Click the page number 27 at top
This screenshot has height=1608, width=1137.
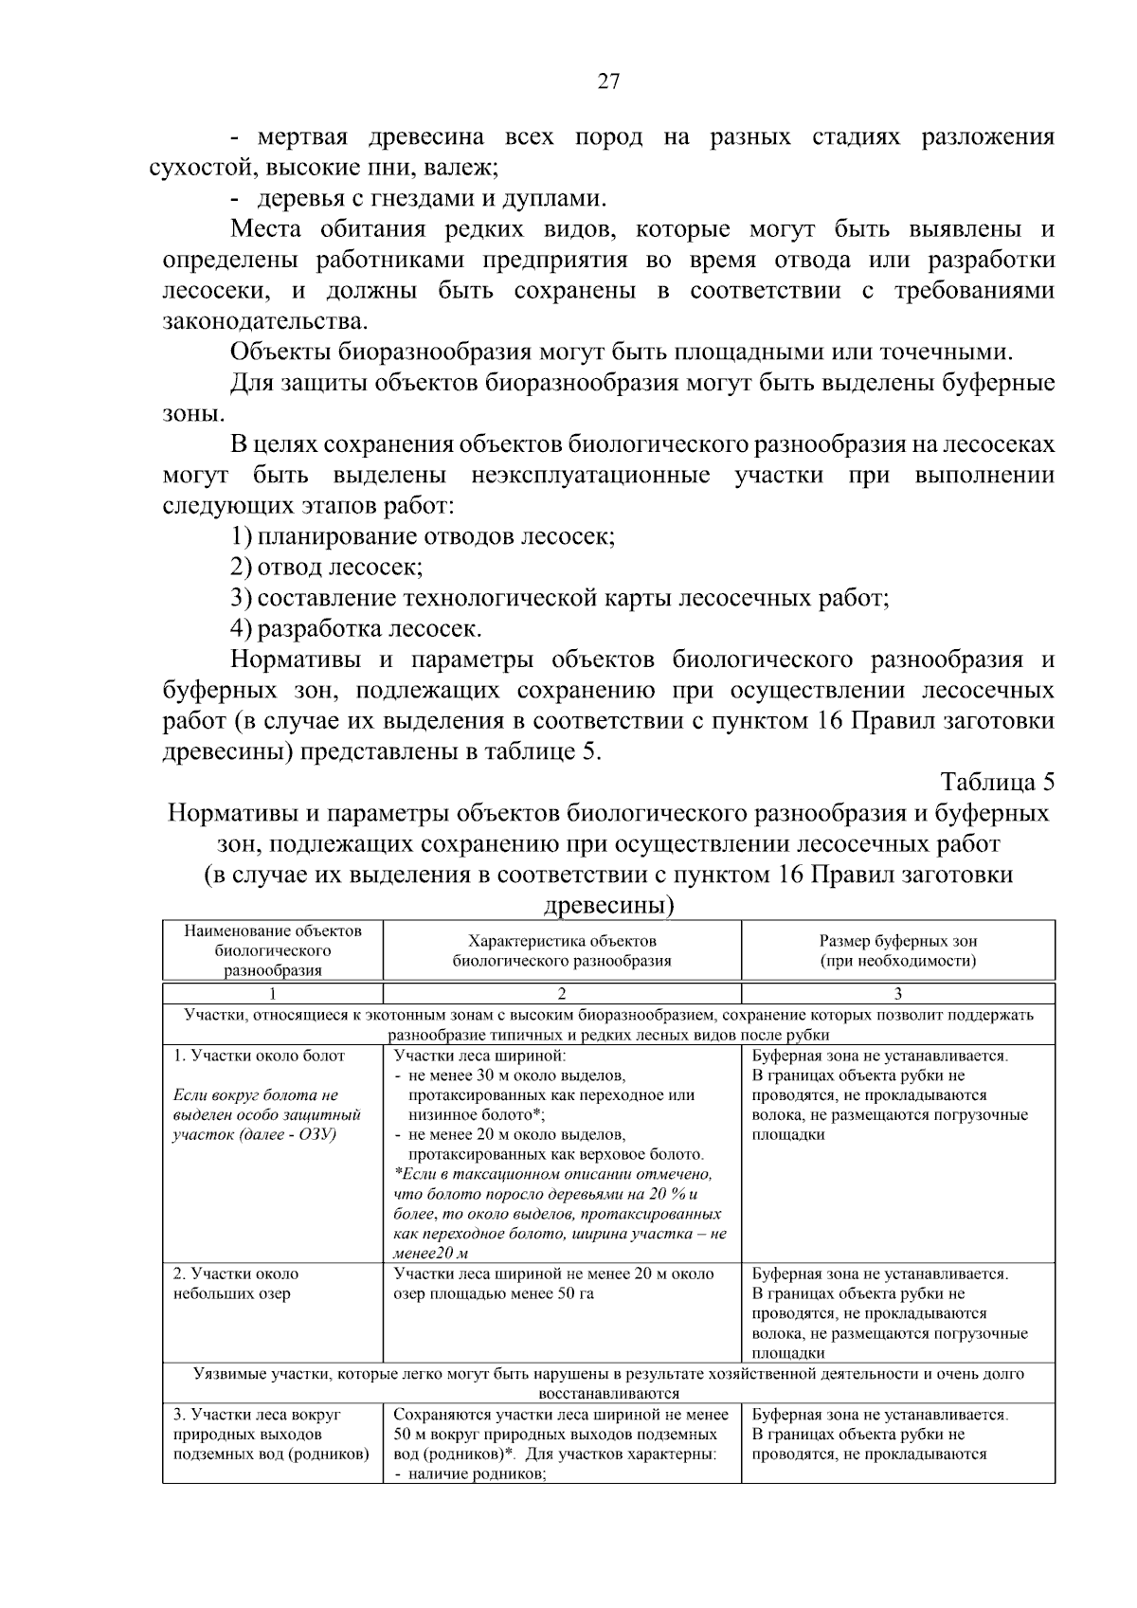(x=608, y=81)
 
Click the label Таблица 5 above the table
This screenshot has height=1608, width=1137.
(x=997, y=782)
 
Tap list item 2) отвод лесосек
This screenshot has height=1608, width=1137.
(x=327, y=568)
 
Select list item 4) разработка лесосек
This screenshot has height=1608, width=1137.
(x=356, y=629)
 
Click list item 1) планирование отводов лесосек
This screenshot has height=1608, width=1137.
(x=424, y=537)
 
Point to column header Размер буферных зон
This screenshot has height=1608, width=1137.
(x=897, y=941)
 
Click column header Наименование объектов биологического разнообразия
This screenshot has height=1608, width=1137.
(x=273, y=949)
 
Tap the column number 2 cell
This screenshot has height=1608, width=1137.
(x=562, y=994)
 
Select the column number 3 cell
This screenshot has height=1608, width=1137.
(x=897, y=994)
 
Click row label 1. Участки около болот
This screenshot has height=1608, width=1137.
(x=259, y=1056)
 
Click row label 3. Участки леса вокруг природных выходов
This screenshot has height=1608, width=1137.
(x=270, y=1435)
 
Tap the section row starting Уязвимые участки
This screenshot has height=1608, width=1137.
(x=608, y=1382)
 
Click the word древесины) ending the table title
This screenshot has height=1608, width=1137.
(x=608, y=905)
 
